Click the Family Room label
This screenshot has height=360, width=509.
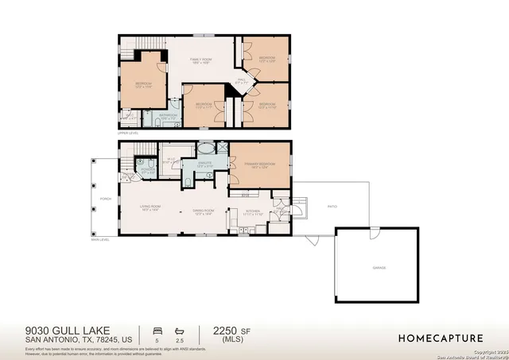click(199, 60)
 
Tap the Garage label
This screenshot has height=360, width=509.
click(379, 268)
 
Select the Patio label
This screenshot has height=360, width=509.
click(332, 207)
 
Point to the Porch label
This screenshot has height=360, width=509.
click(106, 199)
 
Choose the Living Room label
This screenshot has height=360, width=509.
click(151, 209)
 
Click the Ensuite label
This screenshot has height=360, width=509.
click(205, 165)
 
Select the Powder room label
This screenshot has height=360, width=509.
click(148, 171)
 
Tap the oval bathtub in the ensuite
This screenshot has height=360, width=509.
click(205, 149)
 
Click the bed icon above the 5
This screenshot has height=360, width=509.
click(157, 329)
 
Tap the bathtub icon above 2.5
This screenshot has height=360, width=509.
click(180, 329)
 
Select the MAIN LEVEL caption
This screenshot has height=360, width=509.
click(99, 240)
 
